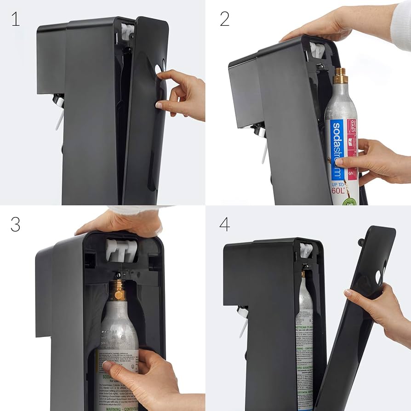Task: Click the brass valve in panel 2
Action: tap(340, 76)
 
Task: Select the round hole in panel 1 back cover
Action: tap(159, 69)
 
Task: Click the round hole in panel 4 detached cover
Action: tap(378, 277)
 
